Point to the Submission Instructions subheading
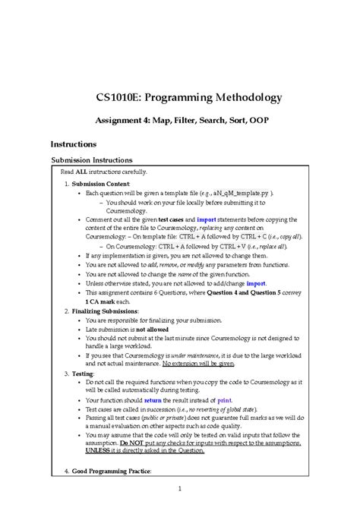pyautogui.click(x=91, y=160)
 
